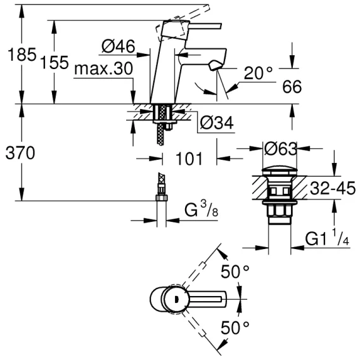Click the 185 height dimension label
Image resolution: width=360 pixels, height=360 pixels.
click(22, 55)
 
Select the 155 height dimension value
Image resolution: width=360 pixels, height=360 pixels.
click(55, 62)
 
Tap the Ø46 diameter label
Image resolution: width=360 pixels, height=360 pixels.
click(119, 46)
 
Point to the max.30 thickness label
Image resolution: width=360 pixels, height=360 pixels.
click(103, 68)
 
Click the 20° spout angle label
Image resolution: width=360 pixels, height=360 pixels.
click(258, 73)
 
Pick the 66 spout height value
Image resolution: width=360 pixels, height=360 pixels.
click(292, 87)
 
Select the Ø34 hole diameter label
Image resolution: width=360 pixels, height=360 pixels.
click(217, 123)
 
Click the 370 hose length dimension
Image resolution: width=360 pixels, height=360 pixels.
click(20, 153)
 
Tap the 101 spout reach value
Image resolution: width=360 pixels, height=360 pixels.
click(189, 158)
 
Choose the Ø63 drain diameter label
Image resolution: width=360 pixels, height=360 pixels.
click(281, 149)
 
